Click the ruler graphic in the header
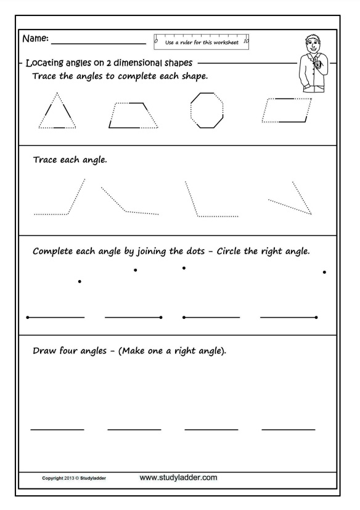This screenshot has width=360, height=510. [x=202, y=42]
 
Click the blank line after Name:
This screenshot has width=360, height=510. [x=99, y=43]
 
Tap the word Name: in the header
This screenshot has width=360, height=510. [x=36, y=38]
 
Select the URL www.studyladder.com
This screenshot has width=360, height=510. [x=178, y=477]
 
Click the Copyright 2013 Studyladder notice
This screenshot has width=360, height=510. [x=74, y=478]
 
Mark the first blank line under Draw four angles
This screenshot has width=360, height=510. [x=57, y=430]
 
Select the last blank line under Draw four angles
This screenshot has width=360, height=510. [x=288, y=430]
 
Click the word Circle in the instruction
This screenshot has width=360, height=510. [x=229, y=251]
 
